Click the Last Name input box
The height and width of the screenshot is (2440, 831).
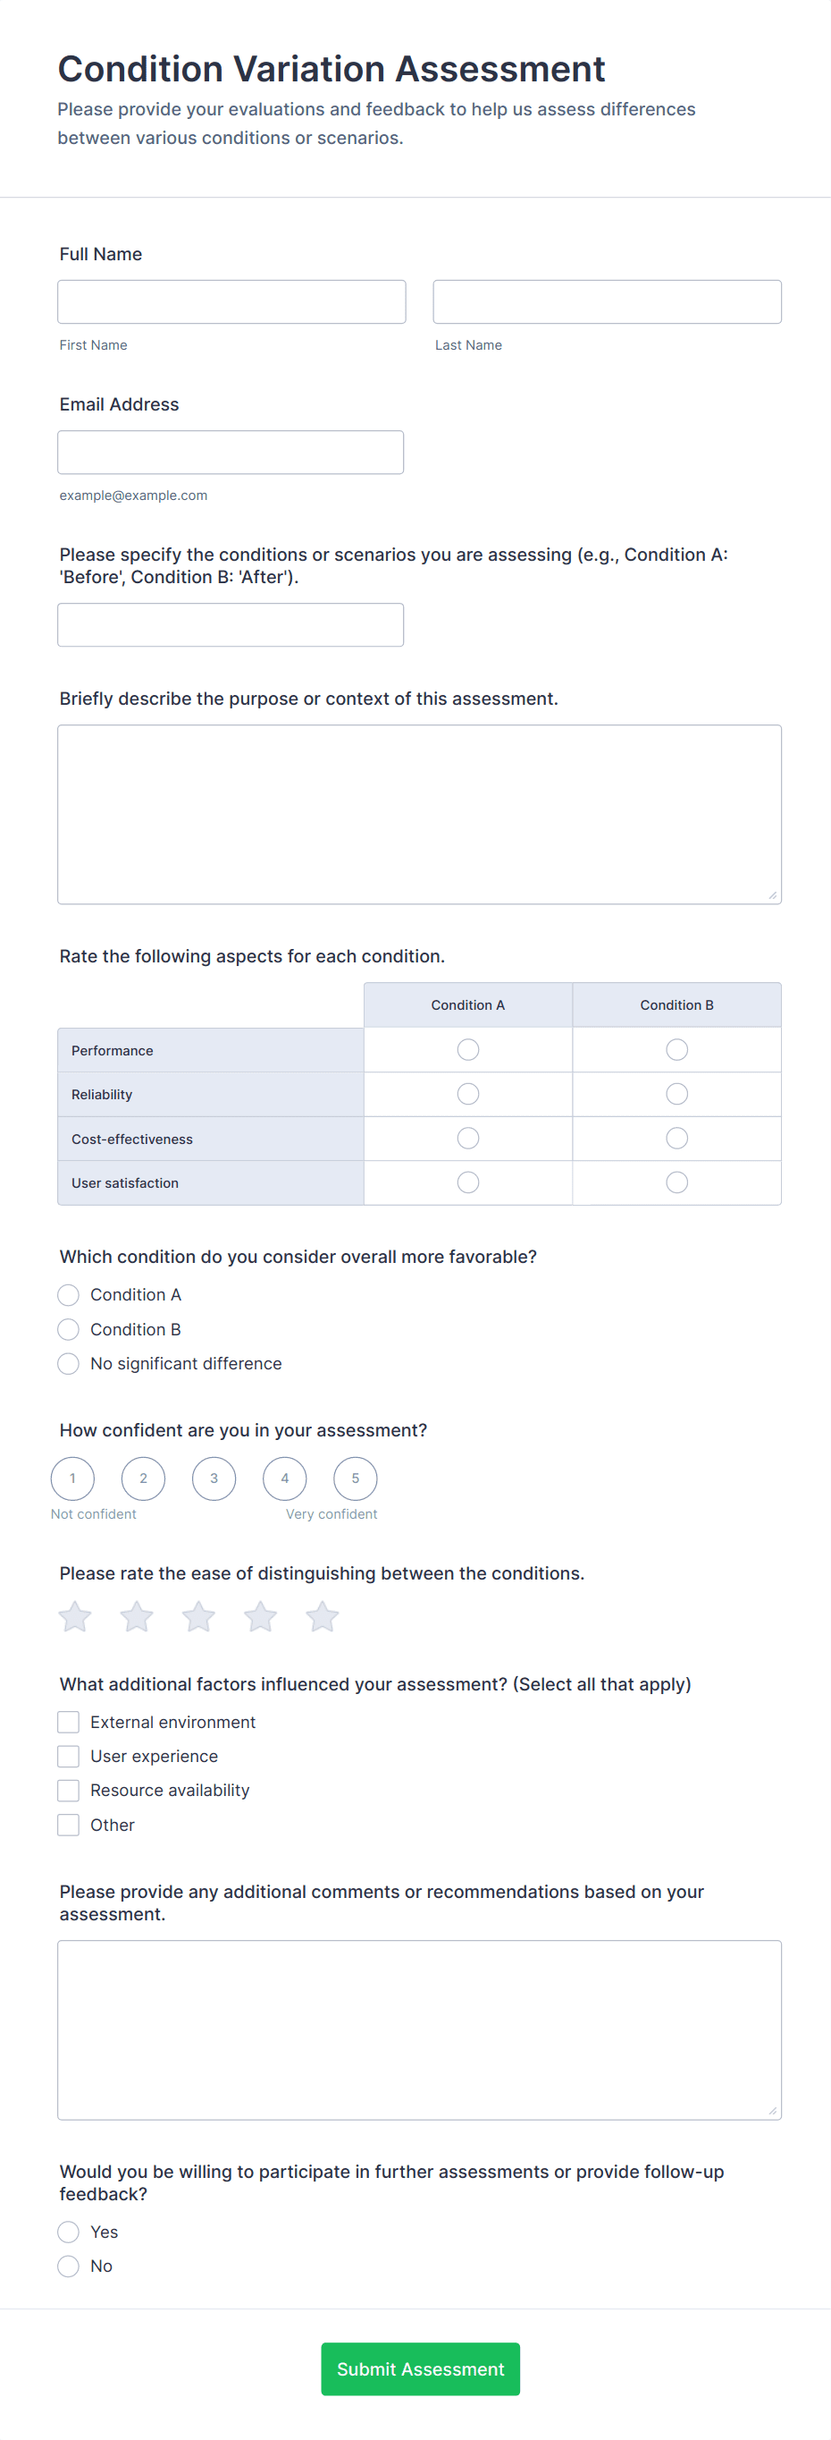607,302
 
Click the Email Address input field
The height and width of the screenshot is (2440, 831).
230,453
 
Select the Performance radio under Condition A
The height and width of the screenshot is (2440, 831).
467,1049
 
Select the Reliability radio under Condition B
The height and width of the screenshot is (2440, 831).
676,1094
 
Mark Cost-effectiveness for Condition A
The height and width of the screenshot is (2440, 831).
467,1139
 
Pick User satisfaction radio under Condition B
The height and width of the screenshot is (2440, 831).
676,1182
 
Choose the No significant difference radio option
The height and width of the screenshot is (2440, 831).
68,1364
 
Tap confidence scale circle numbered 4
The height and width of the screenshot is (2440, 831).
285,1478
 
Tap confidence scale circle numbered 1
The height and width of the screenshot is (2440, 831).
73,1478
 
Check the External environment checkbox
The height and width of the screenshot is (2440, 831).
68,1722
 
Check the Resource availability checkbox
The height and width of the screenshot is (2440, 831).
68,1791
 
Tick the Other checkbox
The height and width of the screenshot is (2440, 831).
68,1826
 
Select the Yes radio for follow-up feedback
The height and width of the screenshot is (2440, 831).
68,2232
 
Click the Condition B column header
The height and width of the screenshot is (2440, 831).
676,1005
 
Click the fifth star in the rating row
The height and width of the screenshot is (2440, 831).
322,1617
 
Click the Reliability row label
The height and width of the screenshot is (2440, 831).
102,1095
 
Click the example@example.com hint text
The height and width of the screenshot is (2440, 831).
133,496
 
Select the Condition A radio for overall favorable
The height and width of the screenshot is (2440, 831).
68,1295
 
